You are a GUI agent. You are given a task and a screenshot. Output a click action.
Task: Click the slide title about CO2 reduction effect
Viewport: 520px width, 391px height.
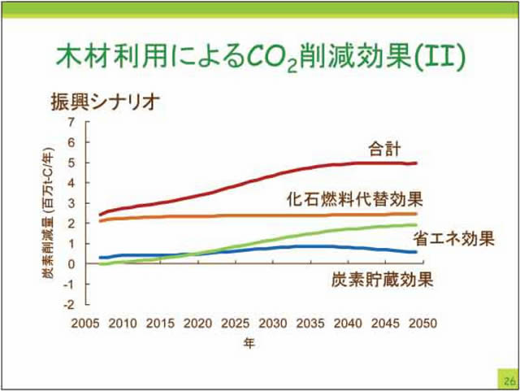260,54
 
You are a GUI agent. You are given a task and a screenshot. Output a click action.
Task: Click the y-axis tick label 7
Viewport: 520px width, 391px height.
71,122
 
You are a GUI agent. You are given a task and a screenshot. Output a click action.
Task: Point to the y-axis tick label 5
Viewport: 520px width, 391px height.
71,163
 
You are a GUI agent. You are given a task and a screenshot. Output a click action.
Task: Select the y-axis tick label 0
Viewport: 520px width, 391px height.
71,264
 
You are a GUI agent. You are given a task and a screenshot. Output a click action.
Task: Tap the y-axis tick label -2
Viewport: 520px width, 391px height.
70,305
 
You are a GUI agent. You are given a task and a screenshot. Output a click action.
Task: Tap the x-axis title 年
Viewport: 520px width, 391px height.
250,343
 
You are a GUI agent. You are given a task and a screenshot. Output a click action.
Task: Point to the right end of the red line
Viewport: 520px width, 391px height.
416,163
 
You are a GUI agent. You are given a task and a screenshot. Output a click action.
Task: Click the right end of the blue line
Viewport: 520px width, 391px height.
416,252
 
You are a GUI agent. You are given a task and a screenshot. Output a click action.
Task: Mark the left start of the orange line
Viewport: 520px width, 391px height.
100,220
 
